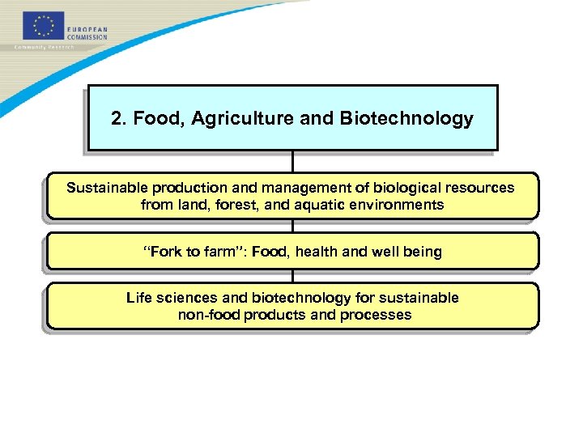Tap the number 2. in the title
(119, 119)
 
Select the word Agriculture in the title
(237, 119)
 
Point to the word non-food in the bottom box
(206, 315)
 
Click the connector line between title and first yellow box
(292, 161)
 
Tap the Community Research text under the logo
(45, 47)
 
